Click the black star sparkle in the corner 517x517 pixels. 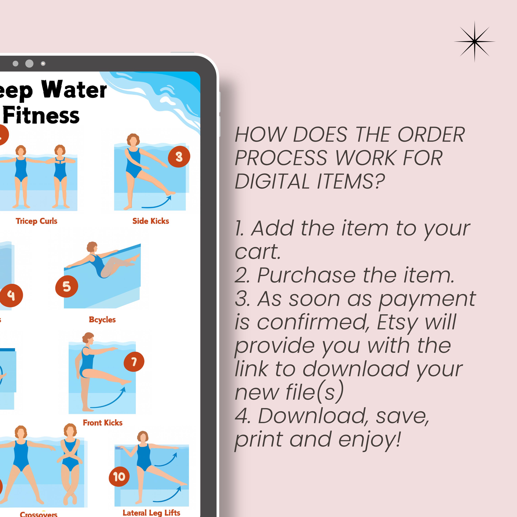coord(474,42)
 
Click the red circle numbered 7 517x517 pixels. coord(134,362)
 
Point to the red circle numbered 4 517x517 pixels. coord(11,295)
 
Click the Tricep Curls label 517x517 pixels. coord(36,221)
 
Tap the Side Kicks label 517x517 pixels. coord(151,221)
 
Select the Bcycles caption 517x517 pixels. coord(102,320)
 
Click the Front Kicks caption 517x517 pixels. coord(103,423)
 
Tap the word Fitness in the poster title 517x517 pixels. coord(42,116)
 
